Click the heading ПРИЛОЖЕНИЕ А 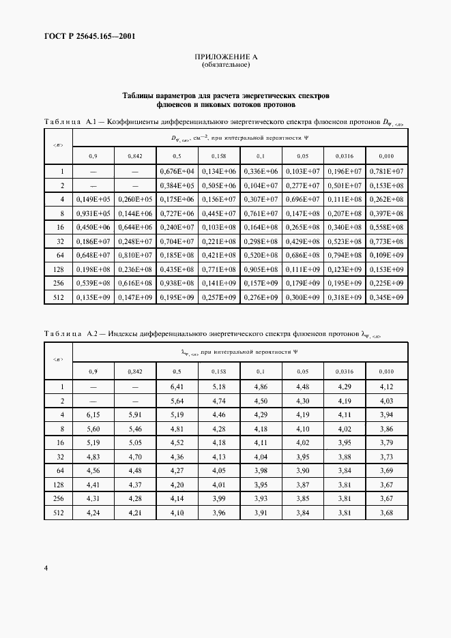(x=225, y=58)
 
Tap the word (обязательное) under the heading (x=225, y=65)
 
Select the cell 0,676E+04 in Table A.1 (x=177, y=171)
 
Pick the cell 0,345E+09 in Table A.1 (x=387, y=298)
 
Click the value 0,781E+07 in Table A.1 (x=387, y=171)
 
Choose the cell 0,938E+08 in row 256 (x=177, y=284)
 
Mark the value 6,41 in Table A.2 (x=177, y=386)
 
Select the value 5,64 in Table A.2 (x=177, y=401)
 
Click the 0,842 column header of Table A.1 (x=135, y=156)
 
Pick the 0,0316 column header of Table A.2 (x=345, y=371)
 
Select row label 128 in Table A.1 (x=62, y=269)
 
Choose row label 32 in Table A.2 (x=62, y=457)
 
